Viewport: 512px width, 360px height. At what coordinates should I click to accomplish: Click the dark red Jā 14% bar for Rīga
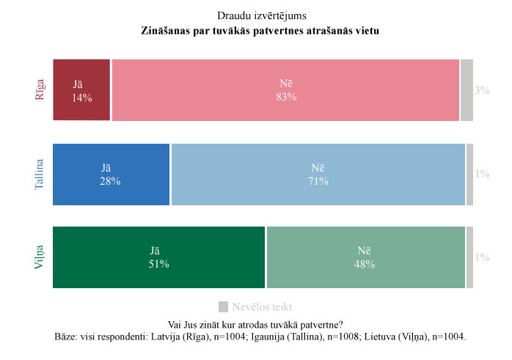pyautogui.click(x=81, y=90)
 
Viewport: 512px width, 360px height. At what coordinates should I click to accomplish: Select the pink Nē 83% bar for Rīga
pyautogui.click(x=285, y=90)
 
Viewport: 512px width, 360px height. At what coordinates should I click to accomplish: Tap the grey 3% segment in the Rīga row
pyautogui.click(x=467, y=90)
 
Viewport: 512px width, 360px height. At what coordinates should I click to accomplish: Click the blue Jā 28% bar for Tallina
pyautogui.click(x=111, y=175)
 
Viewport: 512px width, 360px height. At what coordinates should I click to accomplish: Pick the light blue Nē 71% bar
pyautogui.click(x=318, y=175)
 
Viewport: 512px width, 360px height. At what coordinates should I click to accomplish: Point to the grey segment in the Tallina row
pyautogui.click(x=469, y=175)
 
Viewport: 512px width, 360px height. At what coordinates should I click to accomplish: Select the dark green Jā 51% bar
pyautogui.click(x=158, y=257)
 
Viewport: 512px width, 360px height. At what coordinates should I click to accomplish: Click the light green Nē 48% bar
pyautogui.click(x=365, y=257)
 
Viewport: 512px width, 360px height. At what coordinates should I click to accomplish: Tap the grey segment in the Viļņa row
pyautogui.click(x=469, y=257)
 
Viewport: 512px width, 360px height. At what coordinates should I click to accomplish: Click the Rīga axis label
pyautogui.click(x=40, y=89)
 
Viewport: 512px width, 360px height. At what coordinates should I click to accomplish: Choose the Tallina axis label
pyautogui.click(x=40, y=175)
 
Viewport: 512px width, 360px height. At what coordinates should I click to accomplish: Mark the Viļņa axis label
pyautogui.click(x=40, y=257)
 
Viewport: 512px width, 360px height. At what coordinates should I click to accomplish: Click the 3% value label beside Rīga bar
pyautogui.click(x=482, y=90)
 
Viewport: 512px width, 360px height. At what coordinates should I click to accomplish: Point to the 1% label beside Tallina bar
pyautogui.click(x=482, y=175)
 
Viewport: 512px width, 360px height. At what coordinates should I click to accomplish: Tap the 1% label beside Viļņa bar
pyautogui.click(x=482, y=257)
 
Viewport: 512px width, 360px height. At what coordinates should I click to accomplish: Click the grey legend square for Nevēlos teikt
pyautogui.click(x=224, y=306)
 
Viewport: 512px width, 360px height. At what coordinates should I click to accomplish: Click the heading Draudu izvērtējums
pyautogui.click(x=256, y=15)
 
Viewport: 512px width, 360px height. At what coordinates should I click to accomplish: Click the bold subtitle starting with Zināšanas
pyautogui.click(x=256, y=32)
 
